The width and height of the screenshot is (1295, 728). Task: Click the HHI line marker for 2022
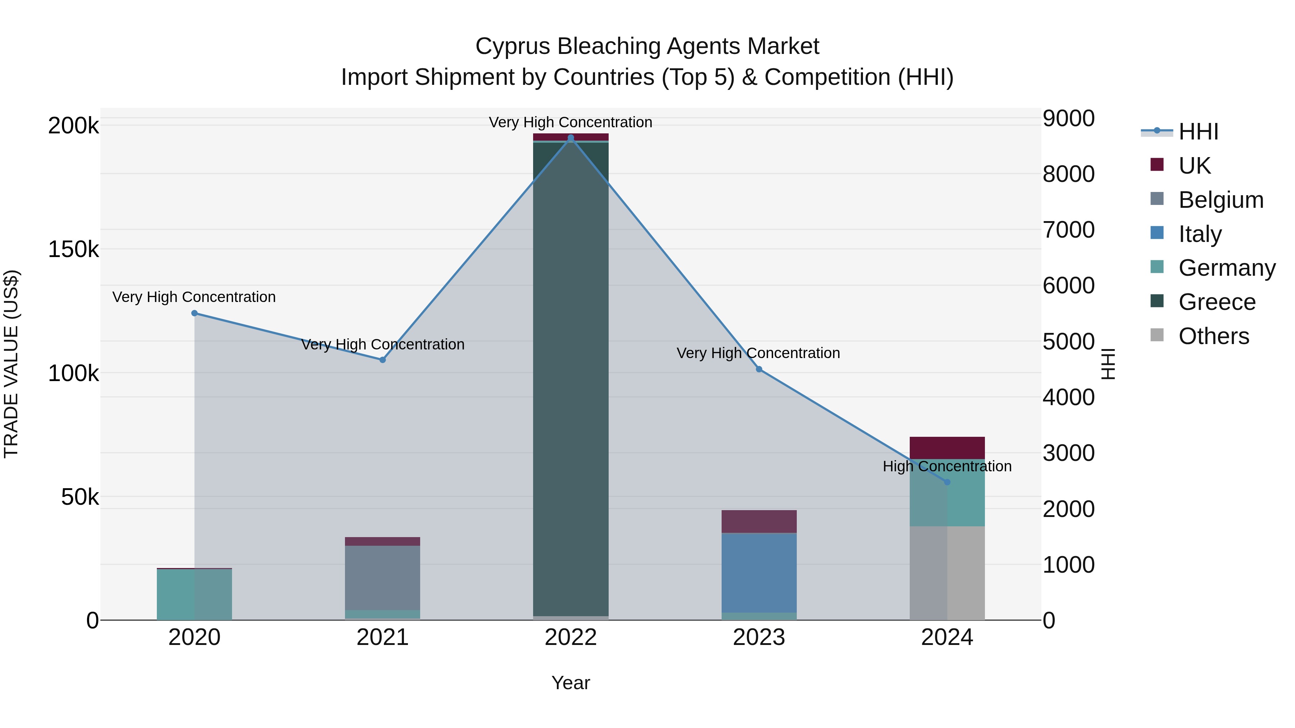pos(571,138)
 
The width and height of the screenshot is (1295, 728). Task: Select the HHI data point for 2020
pos(195,313)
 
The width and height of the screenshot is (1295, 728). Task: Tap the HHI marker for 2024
pos(947,482)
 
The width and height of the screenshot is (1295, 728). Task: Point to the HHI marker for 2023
pos(759,369)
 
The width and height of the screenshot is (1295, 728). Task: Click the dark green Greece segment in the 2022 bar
pos(571,377)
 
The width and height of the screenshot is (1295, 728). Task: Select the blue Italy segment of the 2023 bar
pos(759,573)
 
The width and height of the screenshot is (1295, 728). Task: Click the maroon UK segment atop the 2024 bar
pos(947,448)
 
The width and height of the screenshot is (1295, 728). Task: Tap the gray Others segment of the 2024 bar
pos(947,573)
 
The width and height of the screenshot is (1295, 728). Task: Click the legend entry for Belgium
pos(1221,200)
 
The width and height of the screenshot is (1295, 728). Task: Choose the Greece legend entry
pos(1217,302)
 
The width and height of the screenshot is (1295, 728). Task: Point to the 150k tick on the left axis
pos(73,249)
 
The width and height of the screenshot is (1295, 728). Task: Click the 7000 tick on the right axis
pos(1068,230)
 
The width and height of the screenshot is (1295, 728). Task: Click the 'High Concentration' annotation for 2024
pos(947,466)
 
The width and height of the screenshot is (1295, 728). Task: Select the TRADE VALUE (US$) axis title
pos(11,364)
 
